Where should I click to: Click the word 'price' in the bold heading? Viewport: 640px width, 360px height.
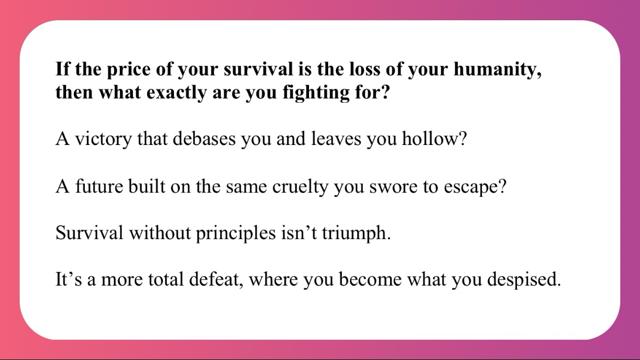coord(129,70)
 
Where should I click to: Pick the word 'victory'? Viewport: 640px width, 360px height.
coord(104,139)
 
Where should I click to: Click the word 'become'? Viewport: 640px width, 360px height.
coord(370,280)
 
